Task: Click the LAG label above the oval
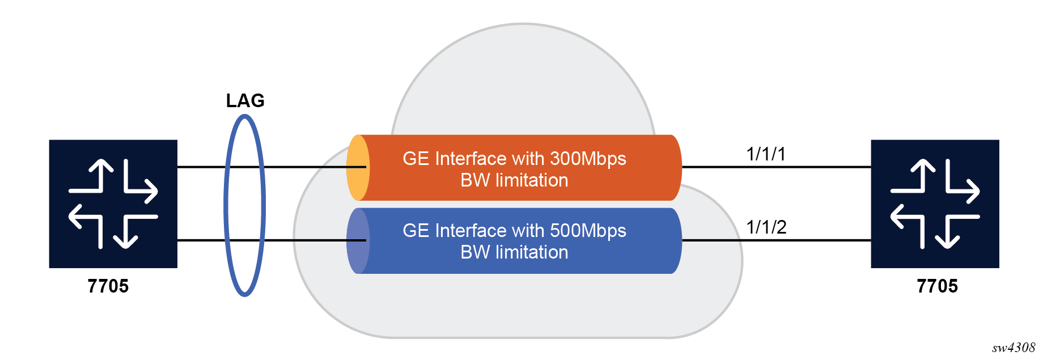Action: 245,100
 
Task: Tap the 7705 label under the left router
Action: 108,286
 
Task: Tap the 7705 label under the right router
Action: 937,286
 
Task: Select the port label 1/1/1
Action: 766,154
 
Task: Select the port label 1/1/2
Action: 766,227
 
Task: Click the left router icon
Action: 113,204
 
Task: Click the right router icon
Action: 935,204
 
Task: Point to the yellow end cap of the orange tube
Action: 358,168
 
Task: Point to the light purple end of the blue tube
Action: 358,241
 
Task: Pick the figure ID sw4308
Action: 1014,348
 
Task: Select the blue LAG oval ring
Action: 245,205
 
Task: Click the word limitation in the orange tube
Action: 532,180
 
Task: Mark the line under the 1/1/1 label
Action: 777,167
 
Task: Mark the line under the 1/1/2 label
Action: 777,240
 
